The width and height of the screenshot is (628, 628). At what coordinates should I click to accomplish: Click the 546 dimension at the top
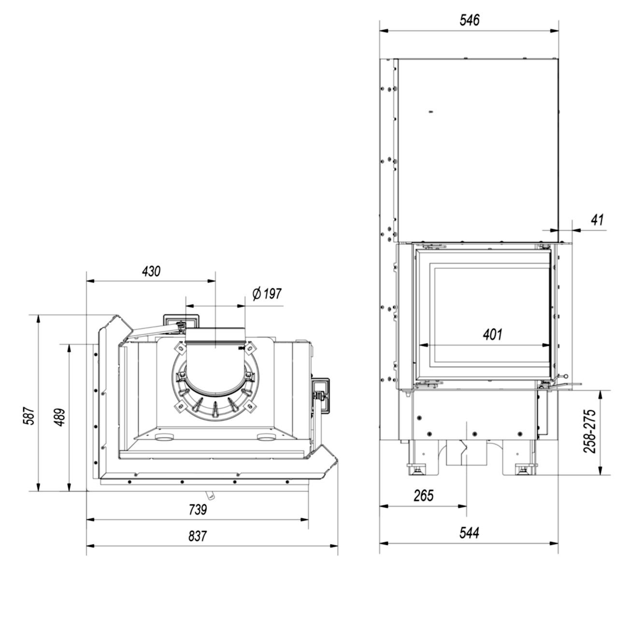[x=469, y=20]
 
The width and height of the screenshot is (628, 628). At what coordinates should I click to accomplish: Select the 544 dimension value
[x=469, y=532]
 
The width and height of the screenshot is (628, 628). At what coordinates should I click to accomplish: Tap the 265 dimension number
[x=424, y=495]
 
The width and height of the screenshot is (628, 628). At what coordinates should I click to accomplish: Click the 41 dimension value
[x=598, y=220]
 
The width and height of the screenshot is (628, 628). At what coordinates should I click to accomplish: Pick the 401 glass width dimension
[x=493, y=334]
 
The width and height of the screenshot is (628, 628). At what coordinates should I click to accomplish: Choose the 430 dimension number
[x=151, y=271]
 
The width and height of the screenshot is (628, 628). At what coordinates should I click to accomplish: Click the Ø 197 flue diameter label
[x=267, y=294]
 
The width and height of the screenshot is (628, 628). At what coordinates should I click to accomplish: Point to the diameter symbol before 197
[x=257, y=293]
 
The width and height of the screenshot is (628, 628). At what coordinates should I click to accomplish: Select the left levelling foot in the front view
[x=416, y=468]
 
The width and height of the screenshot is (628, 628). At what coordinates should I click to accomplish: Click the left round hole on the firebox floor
[x=164, y=438]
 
